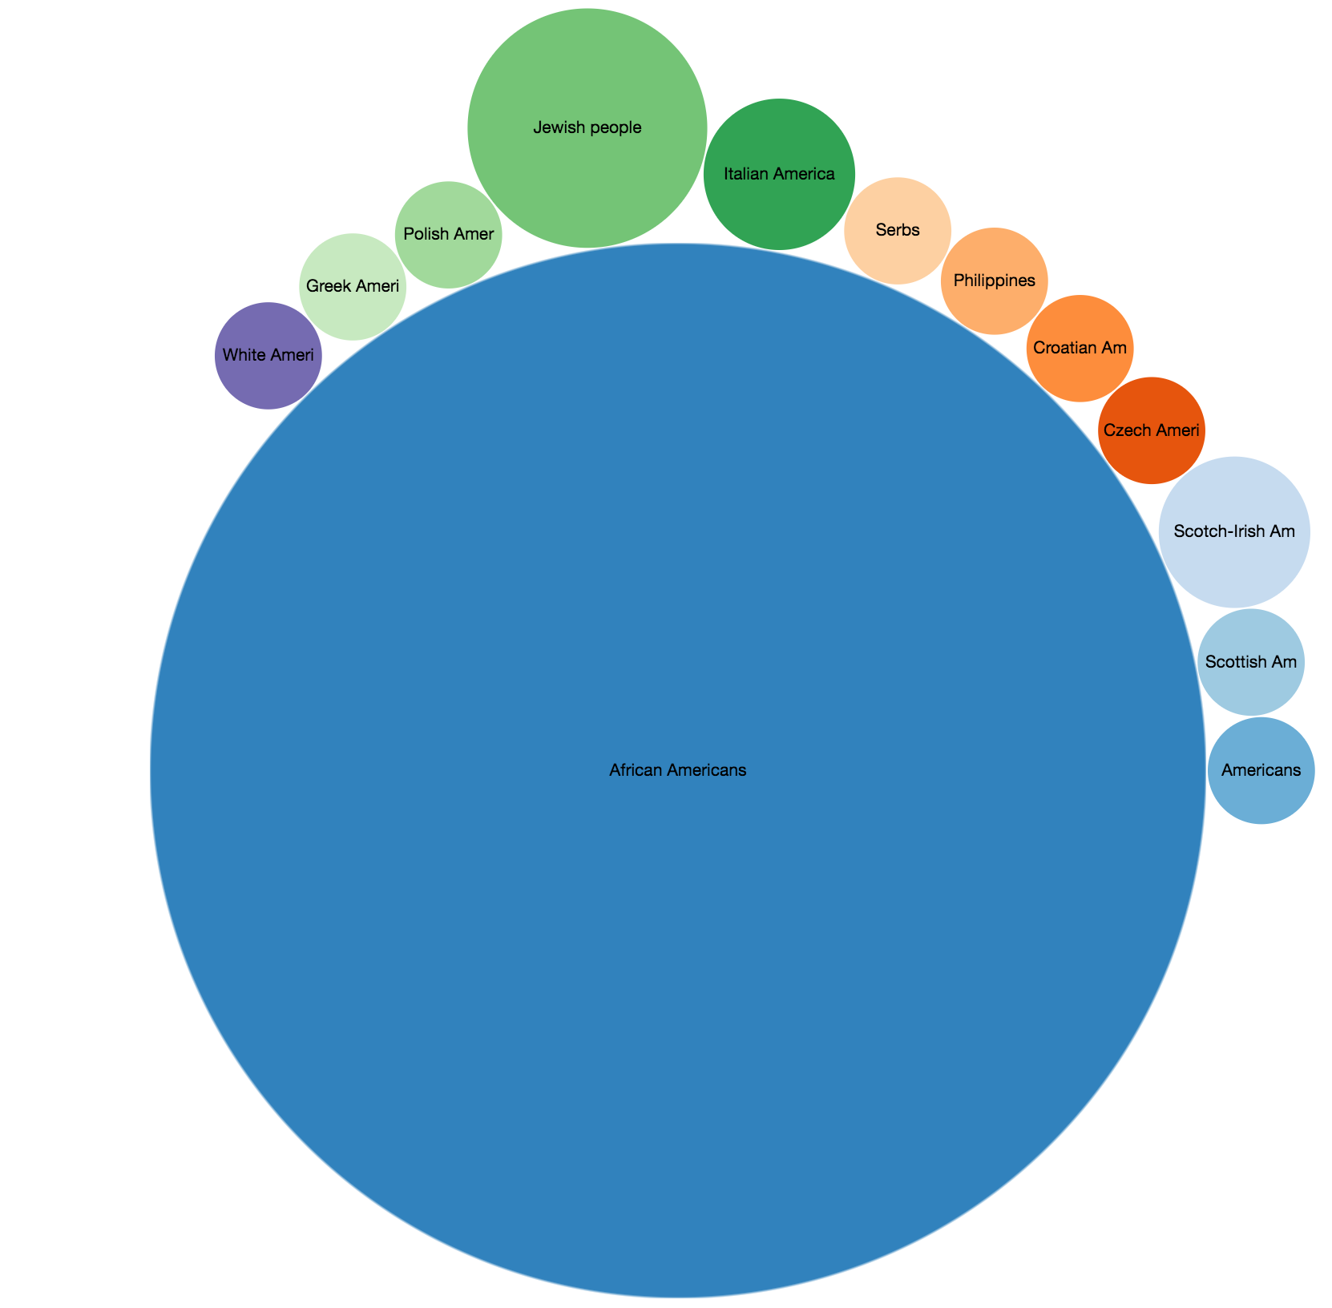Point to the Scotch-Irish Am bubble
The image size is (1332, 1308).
coord(1234,561)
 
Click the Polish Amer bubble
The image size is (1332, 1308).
coord(449,256)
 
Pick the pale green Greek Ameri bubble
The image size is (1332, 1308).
coord(353,309)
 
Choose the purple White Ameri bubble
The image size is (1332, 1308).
coord(268,381)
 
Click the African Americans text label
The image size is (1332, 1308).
coord(678,770)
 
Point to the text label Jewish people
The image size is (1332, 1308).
coord(587,127)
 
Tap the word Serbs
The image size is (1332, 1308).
coord(898,230)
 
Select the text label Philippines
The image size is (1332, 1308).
coord(995,281)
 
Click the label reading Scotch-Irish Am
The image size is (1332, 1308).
coord(1234,531)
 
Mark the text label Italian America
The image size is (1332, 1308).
coord(779,173)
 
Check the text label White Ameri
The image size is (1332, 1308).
coord(268,354)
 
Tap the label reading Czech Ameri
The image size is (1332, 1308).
coord(1151,430)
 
